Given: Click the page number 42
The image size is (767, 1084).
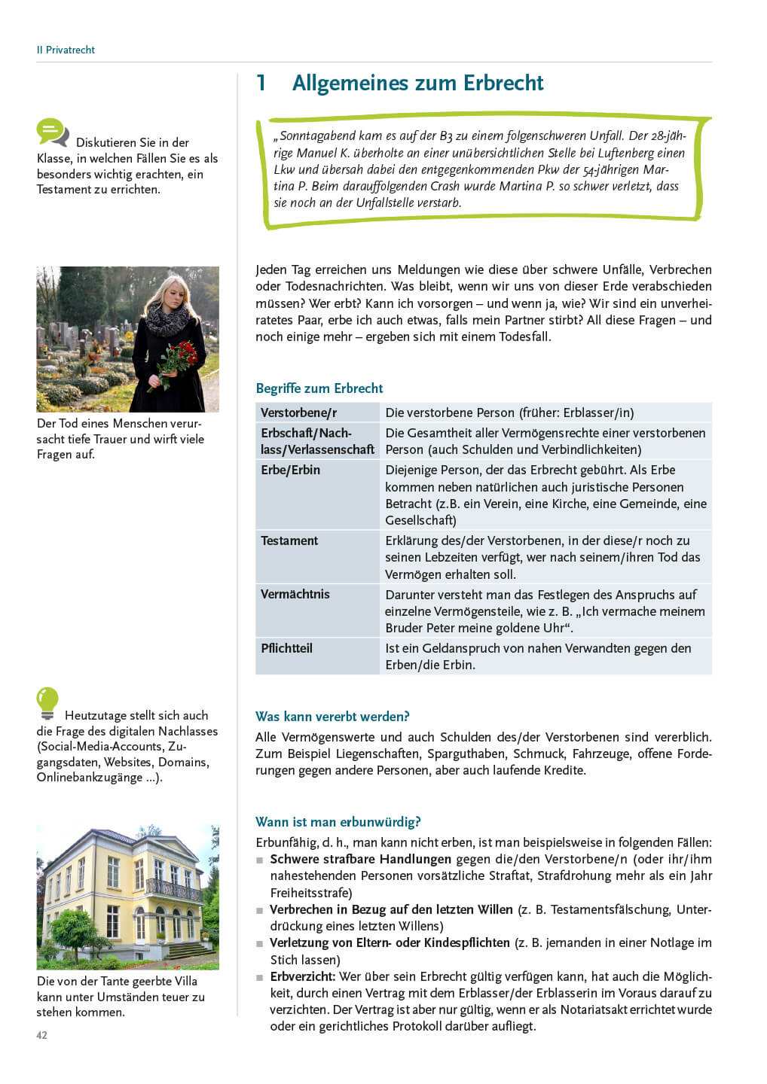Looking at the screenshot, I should [42, 1035].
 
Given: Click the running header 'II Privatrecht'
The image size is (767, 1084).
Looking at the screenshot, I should [66, 50].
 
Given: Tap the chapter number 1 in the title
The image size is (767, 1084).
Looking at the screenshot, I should [261, 83].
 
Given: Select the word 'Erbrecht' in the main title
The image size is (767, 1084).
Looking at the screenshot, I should [503, 83].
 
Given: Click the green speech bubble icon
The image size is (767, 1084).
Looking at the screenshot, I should [52, 132].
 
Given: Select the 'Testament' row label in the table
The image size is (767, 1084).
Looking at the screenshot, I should [289, 540].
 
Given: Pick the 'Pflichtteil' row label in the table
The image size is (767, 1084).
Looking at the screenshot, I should [286, 648].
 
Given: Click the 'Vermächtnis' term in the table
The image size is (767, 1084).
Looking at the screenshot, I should [295, 594].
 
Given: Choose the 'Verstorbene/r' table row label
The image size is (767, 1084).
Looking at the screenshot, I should [298, 413].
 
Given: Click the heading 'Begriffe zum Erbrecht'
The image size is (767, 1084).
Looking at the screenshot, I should [319, 388].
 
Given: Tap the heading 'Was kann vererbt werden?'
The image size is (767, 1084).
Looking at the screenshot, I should [332, 717].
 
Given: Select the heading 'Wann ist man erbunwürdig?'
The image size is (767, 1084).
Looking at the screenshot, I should [338, 822].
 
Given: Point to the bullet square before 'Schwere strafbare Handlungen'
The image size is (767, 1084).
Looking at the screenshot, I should [260, 860].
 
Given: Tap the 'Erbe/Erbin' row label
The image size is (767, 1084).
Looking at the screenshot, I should [290, 470].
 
